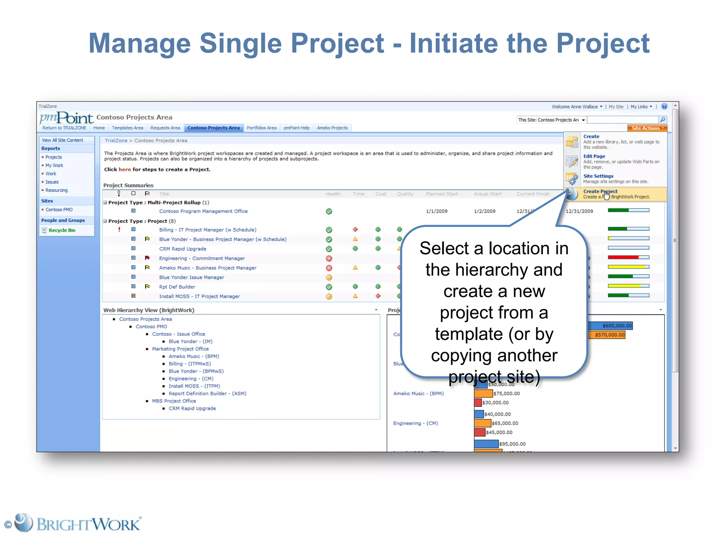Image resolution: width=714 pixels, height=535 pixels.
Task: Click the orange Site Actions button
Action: point(647,128)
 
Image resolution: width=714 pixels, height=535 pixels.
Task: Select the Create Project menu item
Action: point(600,191)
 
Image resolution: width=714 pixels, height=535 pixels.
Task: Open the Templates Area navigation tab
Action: point(128,128)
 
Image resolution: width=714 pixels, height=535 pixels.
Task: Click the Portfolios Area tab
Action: point(261,128)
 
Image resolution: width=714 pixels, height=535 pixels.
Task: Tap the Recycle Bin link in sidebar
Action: point(62,230)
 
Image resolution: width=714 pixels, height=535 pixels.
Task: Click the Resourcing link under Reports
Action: point(56,190)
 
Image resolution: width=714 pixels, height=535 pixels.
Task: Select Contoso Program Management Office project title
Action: point(203,211)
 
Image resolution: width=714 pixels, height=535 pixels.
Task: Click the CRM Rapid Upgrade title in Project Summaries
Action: point(183,249)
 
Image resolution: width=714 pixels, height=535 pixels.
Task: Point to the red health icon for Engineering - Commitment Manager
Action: point(329,258)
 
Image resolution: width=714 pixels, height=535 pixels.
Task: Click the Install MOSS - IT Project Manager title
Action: point(199,296)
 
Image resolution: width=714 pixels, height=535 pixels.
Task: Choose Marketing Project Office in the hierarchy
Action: point(180,349)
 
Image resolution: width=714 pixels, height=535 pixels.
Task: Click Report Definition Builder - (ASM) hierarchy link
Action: point(207,393)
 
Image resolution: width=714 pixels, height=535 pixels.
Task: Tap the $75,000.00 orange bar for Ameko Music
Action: point(483,393)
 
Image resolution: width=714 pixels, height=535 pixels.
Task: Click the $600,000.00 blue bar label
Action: point(617,326)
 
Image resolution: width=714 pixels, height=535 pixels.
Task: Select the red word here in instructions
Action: point(124,169)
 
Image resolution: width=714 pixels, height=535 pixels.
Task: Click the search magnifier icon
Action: point(663,120)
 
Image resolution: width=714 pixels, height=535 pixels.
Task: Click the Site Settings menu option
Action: point(598,176)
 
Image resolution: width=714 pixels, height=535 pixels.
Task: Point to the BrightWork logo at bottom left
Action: point(73,524)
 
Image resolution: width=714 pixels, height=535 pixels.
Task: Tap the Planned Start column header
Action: point(442,194)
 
